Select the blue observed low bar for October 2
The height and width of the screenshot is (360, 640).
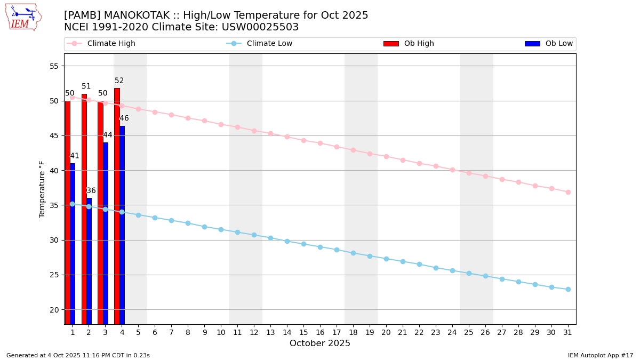89,261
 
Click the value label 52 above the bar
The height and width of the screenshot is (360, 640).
119,81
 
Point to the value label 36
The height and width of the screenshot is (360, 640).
91,191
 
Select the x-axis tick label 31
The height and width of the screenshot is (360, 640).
568,332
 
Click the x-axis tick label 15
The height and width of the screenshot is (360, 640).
303,332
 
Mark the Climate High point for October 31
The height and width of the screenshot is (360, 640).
568,192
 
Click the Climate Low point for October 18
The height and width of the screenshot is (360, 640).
353,253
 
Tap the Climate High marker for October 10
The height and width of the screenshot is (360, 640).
221,124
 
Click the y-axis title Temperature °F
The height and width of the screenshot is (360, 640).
42,189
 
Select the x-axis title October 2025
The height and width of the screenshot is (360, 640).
320,343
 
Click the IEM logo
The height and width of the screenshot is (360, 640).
23,18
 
